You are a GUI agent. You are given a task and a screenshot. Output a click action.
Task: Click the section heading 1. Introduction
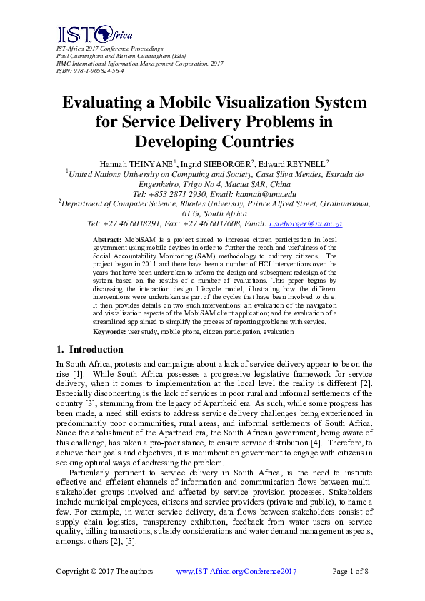[x=90, y=350]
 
